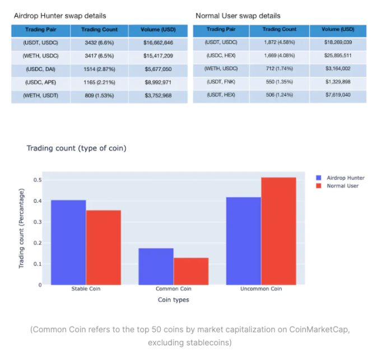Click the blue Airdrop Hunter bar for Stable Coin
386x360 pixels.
[x=68, y=242]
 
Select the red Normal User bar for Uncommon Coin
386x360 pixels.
[x=278, y=231]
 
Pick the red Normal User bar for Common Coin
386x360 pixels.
[x=190, y=271]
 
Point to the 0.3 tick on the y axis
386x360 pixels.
[x=38, y=222]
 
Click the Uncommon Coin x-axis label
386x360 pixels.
[x=261, y=289]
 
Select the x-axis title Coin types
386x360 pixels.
[x=173, y=300]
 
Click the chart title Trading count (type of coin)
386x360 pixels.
[x=76, y=148]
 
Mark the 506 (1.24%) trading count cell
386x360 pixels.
[x=279, y=96]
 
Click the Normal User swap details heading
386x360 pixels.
[x=238, y=16]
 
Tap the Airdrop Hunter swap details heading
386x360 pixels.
[x=60, y=16]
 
